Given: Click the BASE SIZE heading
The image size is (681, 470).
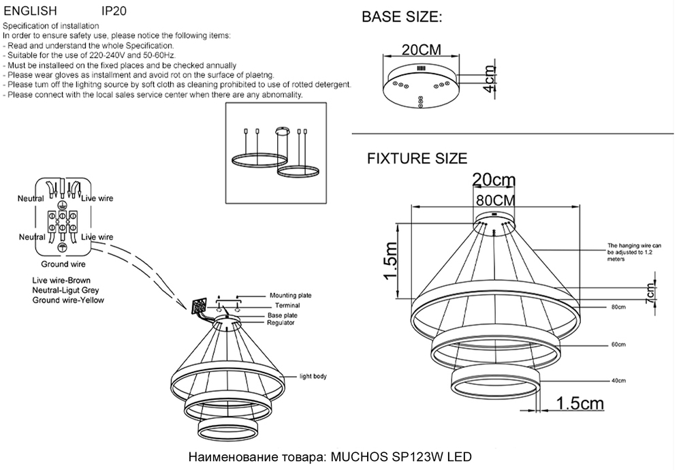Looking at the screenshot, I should coord(401,17).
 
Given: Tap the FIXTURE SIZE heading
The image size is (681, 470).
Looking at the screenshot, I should coord(417,159).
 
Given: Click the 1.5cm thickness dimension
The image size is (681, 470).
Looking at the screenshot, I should coord(580,403).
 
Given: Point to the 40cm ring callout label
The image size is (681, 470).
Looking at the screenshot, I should coord(618,381).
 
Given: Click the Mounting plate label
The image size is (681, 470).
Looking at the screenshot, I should coord(291,296).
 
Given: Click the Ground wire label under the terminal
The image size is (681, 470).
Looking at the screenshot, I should coord(63,263).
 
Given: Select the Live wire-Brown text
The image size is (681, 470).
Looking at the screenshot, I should coord(61,281).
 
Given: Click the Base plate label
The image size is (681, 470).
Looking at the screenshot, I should coord(281,316).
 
